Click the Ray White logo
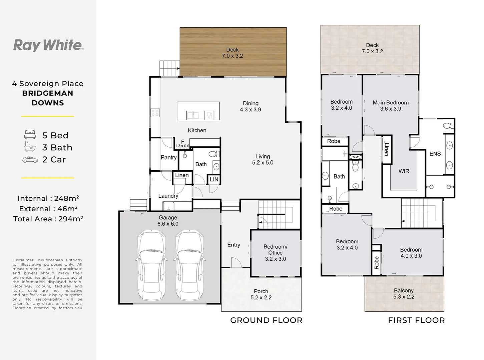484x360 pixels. click(48, 45)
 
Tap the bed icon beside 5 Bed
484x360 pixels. click(30, 134)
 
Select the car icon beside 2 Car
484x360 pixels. click(30, 160)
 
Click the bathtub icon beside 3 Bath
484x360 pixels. click(30, 147)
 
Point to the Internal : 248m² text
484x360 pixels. click(48, 198)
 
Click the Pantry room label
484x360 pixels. click(168, 157)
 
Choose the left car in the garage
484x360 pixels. click(152, 265)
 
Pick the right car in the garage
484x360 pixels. click(189, 265)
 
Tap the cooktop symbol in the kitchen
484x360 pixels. click(155, 113)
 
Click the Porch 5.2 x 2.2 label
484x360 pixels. click(261, 294)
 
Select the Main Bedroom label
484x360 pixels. click(391, 102)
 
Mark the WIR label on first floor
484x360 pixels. click(404, 171)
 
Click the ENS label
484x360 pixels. click(435, 154)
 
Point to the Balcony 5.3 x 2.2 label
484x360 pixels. click(404, 293)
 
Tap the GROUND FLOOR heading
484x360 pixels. click(266, 320)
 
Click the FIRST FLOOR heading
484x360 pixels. click(416, 320)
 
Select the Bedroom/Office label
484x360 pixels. click(276, 250)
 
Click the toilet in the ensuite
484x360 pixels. click(448, 126)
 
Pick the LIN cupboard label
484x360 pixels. click(214, 179)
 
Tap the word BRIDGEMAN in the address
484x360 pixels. click(48, 93)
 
